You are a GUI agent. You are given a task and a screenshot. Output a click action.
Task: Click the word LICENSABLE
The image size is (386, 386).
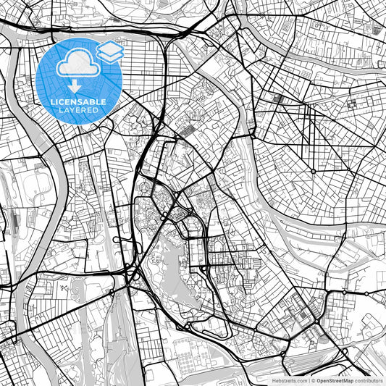click(79, 102)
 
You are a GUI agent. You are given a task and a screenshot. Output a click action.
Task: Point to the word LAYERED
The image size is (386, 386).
click(79, 111)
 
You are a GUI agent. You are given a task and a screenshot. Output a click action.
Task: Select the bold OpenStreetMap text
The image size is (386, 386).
click(335, 379)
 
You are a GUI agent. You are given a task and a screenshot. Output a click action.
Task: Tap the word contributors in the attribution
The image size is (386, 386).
click(369, 379)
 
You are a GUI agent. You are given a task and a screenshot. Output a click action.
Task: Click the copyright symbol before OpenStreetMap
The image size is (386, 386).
click(313, 379)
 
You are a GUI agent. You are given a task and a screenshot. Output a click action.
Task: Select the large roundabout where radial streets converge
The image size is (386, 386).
click(312, 171)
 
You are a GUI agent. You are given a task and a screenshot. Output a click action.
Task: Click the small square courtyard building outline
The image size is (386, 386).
click(353, 101)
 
